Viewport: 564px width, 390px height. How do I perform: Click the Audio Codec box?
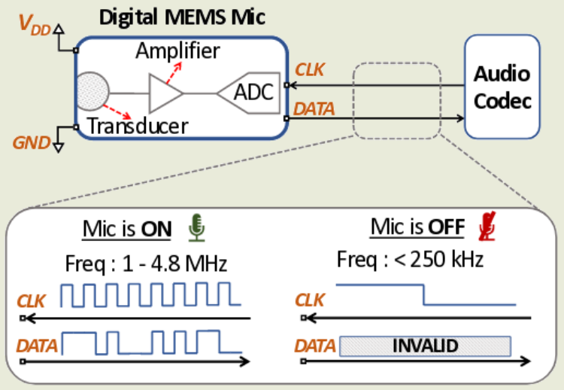[x=502, y=87]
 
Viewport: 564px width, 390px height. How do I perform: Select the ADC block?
[x=249, y=93]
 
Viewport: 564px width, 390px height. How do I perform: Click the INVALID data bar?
[x=425, y=346]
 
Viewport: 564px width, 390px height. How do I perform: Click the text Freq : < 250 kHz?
[x=410, y=261]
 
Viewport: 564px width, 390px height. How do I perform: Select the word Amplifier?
[x=177, y=51]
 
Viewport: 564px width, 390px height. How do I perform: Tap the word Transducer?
[x=138, y=126]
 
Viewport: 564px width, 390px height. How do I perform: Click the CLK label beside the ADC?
[x=311, y=70]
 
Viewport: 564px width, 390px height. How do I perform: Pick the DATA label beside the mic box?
[x=314, y=110]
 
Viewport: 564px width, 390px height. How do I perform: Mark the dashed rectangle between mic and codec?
[x=396, y=101]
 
